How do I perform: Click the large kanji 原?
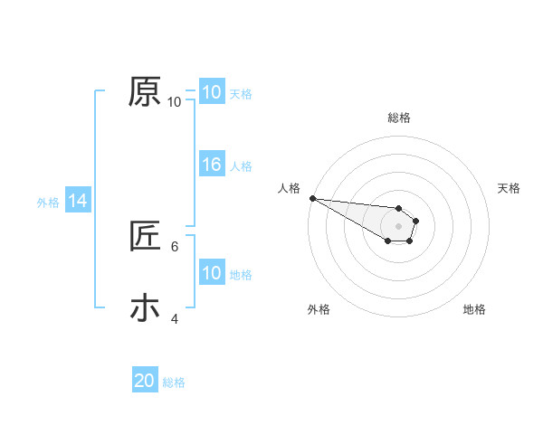coord(145,91)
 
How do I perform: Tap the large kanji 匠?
coord(145,238)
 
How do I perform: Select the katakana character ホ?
coord(145,307)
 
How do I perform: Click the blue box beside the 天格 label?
coord(211,92)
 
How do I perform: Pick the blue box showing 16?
coord(211,165)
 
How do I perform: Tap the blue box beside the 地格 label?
coord(211,273)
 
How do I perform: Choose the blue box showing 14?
coord(78,201)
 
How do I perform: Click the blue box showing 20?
coord(145,381)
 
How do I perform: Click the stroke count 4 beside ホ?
coord(175,318)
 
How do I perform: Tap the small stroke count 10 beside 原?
coord(174,102)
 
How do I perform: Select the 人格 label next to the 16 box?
coord(241,165)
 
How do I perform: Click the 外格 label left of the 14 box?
coord(48,203)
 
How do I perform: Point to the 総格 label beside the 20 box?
coord(174,382)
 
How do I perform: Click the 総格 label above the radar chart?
coord(399,118)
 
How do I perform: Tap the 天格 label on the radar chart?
coord(510,188)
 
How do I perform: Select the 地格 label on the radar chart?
coord(474,309)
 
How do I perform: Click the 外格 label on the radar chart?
coord(318,309)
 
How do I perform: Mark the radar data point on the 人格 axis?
coord(311,198)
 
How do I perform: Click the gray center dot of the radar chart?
coord(398,226)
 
